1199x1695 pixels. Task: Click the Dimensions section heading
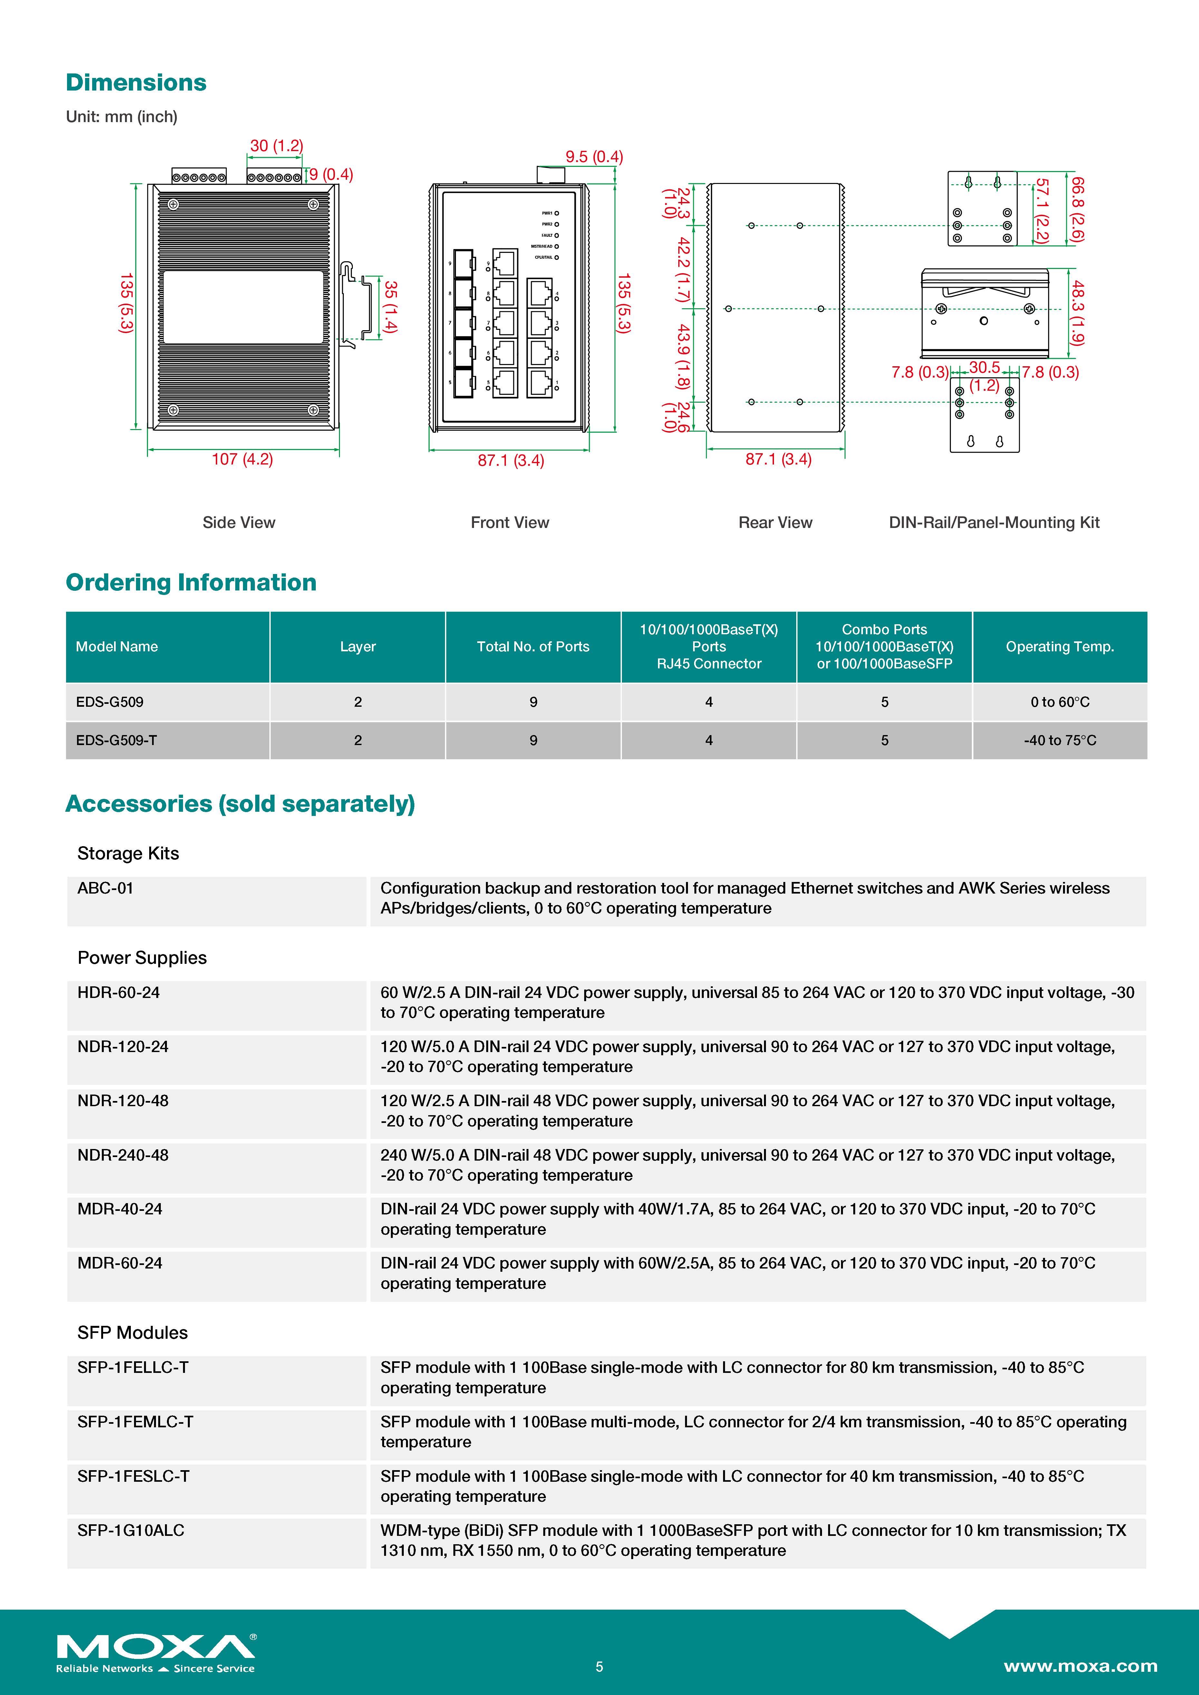pos(136,83)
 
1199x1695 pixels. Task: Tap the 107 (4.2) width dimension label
pos(242,459)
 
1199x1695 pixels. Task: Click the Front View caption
pos(509,523)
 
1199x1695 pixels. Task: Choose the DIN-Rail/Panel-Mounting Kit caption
pos(994,523)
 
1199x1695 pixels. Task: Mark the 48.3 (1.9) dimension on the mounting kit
pos(1078,312)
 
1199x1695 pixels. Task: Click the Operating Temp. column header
pos(1059,647)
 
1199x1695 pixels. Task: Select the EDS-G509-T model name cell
pos(117,741)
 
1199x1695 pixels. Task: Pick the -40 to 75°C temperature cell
pos(1059,741)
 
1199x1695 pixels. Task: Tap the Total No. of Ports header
pos(533,647)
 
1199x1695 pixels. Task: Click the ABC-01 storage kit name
pos(106,888)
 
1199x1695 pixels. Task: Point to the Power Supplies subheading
pos(142,957)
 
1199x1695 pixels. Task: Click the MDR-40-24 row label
pos(120,1209)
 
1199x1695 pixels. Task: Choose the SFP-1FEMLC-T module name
pos(135,1422)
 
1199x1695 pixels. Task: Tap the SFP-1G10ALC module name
pos(131,1530)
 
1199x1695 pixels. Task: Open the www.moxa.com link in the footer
pos(1080,1666)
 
